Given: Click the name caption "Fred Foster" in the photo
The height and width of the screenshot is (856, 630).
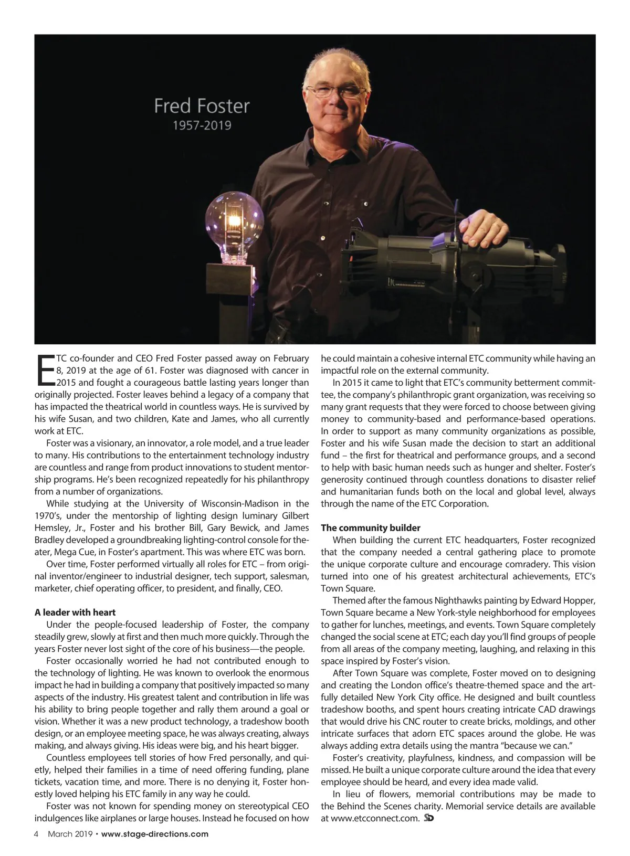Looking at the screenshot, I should [202, 106].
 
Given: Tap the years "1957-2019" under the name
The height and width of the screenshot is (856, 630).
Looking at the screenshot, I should [202, 126].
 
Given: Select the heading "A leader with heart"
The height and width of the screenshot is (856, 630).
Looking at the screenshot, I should [75, 612].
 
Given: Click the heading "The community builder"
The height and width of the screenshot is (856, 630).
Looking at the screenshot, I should [371, 528].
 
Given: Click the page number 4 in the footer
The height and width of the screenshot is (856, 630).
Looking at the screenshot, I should [37, 834].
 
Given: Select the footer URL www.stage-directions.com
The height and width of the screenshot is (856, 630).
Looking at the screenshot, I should [154, 834].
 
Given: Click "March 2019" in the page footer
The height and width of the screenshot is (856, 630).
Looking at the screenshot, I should [70, 834].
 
